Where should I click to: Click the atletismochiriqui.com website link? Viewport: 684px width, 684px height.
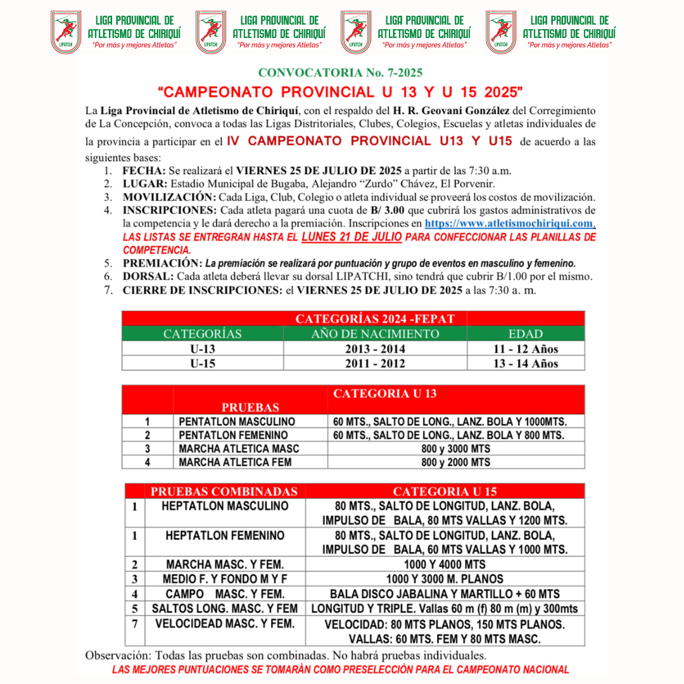coord(509,224)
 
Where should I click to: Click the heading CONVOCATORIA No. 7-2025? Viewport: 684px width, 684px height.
coord(340,73)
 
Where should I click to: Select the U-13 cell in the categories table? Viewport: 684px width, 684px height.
coord(203,348)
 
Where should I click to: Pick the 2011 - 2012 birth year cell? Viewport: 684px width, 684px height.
coord(375,364)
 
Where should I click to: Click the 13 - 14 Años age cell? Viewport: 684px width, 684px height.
coord(526,364)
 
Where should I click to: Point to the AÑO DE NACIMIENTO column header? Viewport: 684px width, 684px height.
coord(375,334)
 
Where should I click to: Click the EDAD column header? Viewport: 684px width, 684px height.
coord(526,334)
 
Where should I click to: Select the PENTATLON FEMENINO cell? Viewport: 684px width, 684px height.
coord(233,435)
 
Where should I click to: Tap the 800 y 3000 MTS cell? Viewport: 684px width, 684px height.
coord(455,448)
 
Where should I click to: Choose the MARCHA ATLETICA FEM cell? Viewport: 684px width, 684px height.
coord(235,462)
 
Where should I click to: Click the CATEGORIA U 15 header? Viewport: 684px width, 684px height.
coord(445,491)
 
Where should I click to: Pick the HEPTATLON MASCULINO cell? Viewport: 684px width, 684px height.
coord(225,506)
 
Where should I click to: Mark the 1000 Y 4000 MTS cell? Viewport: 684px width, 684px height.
coord(445,564)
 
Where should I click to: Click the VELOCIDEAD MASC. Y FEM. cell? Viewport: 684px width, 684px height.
coord(225,623)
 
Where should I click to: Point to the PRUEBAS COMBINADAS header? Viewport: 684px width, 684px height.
coord(224,491)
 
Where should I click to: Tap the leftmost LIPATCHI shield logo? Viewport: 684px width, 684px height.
coord(66,32)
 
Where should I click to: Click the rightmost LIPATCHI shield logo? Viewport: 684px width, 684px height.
coord(501,32)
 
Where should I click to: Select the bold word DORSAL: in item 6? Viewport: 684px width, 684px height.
coord(148,277)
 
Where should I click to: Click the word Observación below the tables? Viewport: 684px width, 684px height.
coord(117,655)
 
